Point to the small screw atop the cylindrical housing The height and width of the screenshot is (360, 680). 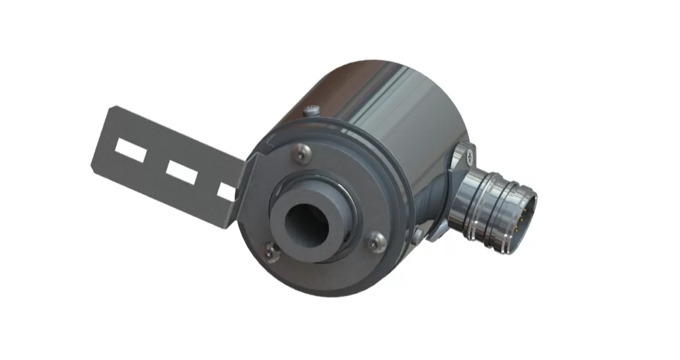click(312, 110)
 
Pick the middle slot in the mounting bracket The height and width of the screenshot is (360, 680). click(181, 173)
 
